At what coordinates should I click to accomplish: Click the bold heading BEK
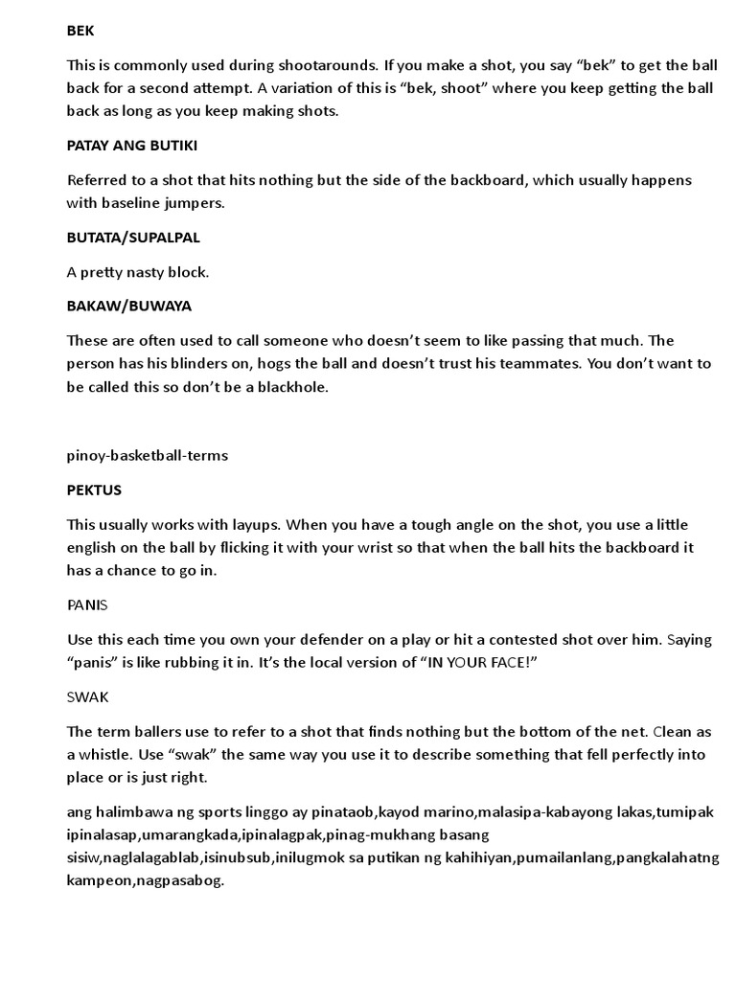click(x=80, y=31)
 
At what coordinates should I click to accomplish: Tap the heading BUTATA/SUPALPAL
click(x=133, y=237)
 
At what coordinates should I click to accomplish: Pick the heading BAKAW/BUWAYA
click(x=128, y=306)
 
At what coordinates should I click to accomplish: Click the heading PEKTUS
click(x=94, y=490)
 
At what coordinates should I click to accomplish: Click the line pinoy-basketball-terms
click(x=147, y=455)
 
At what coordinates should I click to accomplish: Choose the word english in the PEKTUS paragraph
click(x=95, y=547)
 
